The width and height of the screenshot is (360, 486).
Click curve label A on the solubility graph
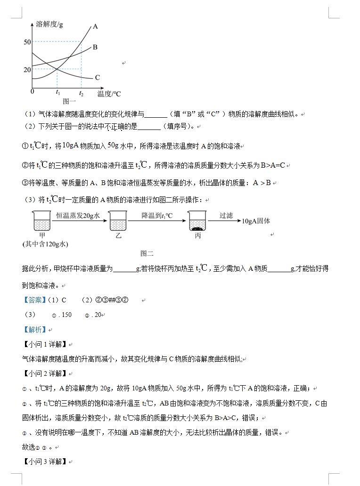[95, 27]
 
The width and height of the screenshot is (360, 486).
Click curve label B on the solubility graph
[95, 47]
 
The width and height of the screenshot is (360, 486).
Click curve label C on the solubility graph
[97, 78]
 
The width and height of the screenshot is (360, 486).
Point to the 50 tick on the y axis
[27, 42]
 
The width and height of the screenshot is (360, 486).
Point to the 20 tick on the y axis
[27, 70]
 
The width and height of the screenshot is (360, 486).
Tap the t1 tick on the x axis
[57, 93]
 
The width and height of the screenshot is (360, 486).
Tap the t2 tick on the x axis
[81, 93]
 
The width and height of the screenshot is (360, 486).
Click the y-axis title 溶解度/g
[49, 24]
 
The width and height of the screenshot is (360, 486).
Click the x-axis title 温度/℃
[109, 93]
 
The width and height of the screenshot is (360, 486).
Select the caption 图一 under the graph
[69, 101]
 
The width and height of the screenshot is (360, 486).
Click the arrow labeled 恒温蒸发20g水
[78, 221]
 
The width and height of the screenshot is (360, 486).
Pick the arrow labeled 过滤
[226, 220]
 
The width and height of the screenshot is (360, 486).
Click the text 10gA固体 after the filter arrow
[256, 220]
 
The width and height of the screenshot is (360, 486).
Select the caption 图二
[147, 253]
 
